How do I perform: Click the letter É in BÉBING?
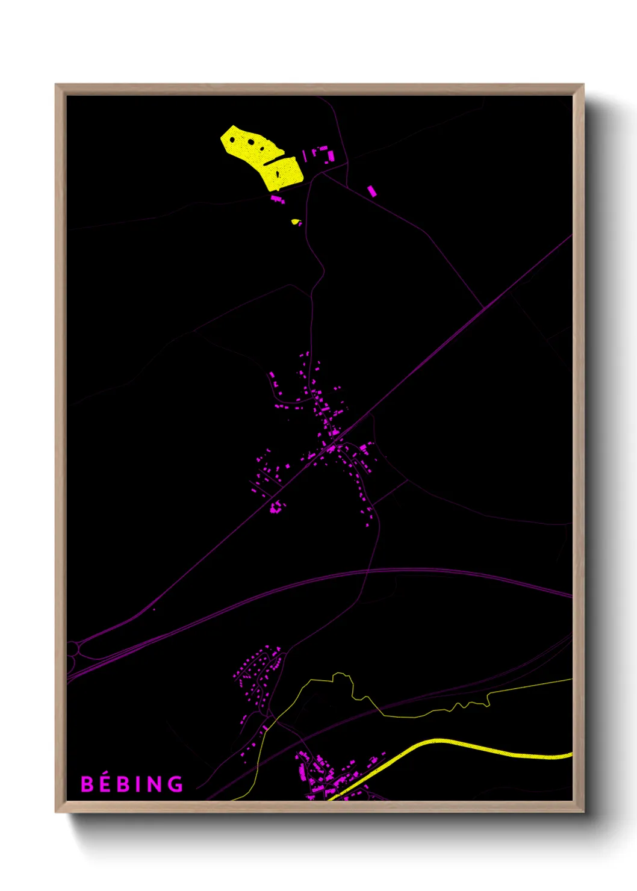(104, 783)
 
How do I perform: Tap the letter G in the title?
(175, 784)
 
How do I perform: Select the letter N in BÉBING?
(155, 784)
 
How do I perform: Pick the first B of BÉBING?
(87, 784)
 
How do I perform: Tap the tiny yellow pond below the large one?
(295, 222)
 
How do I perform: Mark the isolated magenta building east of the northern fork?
(372, 191)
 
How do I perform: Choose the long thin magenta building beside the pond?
(305, 156)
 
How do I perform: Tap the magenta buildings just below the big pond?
(278, 198)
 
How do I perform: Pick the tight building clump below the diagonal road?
(276, 508)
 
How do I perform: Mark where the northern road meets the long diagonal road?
(483, 309)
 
